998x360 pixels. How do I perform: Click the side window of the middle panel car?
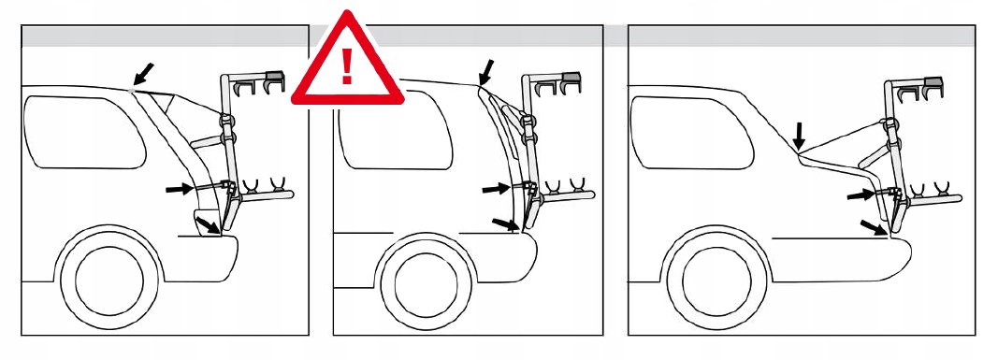tap(393, 132)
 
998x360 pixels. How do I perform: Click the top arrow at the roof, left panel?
tap(143, 72)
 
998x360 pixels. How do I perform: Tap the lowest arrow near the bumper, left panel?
tap(209, 224)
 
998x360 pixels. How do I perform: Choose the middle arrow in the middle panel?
tap(495, 189)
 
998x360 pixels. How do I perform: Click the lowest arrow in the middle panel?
tap(505, 223)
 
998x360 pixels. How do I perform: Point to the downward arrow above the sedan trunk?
tap(798, 136)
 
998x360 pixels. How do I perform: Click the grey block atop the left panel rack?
tap(275, 75)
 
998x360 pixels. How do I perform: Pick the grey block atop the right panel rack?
tap(933, 81)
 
